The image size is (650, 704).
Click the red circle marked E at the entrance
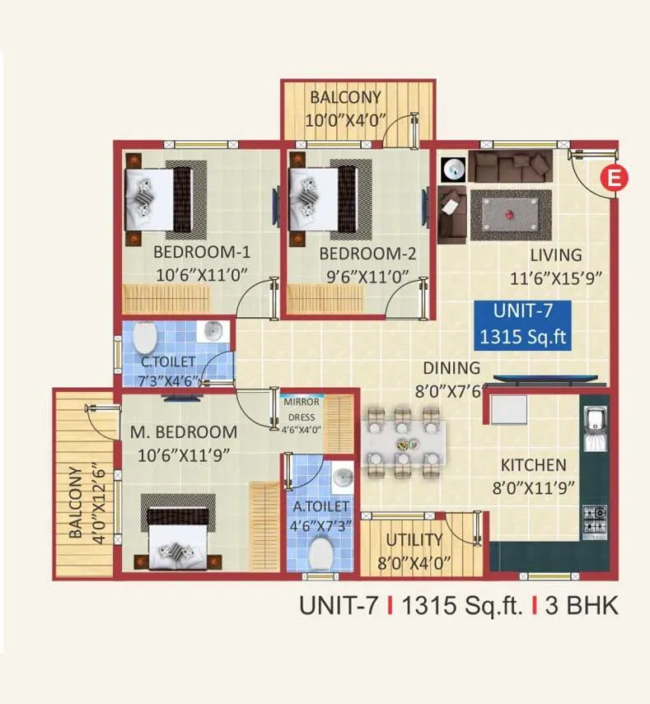pos(613,176)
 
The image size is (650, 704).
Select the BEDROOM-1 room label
pos(202,252)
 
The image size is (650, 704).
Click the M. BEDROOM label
pos(183,431)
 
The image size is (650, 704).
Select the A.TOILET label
pos(320,506)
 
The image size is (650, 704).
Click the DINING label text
pos(451,368)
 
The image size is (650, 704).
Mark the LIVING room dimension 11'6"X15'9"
pos(557,277)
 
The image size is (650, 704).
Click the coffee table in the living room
pos(516,214)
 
